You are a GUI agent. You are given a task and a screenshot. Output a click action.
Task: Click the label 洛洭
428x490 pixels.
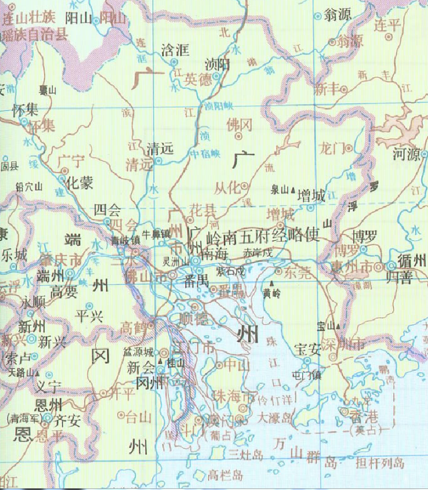175,51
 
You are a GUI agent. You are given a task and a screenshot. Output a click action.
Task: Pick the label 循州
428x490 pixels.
412,261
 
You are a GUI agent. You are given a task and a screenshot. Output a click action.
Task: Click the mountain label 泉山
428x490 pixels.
279,189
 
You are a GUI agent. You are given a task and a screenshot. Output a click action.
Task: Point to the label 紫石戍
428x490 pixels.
231,272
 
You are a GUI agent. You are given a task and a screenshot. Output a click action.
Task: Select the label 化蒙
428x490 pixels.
79,184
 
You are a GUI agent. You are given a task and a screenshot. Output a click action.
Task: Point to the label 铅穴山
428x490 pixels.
29,186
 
